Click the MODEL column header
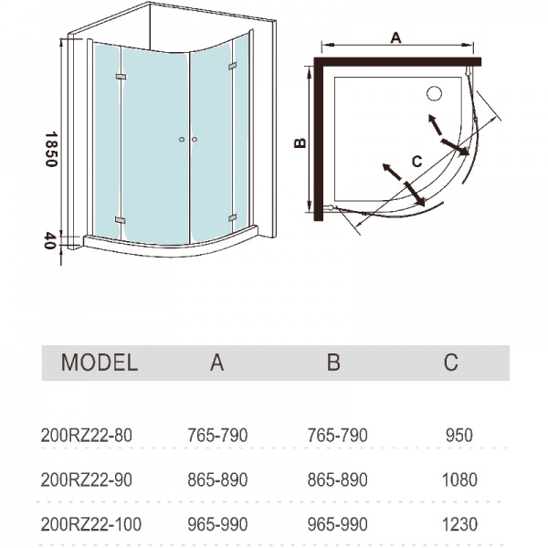click(x=100, y=363)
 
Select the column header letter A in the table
click(x=216, y=363)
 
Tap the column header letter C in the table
click(x=451, y=363)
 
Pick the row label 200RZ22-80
click(x=87, y=436)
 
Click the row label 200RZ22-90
click(x=87, y=479)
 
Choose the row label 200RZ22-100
click(x=91, y=524)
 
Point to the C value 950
click(x=459, y=436)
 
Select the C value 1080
click(x=459, y=479)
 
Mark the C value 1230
click(x=459, y=524)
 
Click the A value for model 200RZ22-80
click(x=217, y=436)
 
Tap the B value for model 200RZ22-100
click(x=338, y=524)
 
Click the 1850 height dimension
click(x=51, y=149)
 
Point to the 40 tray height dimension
click(x=50, y=241)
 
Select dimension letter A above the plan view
click(x=395, y=37)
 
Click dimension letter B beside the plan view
click(x=300, y=142)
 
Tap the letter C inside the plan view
click(x=417, y=162)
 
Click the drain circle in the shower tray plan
click(x=435, y=94)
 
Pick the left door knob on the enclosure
click(x=182, y=140)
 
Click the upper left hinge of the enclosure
click(x=121, y=76)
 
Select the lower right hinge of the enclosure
click(x=232, y=218)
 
